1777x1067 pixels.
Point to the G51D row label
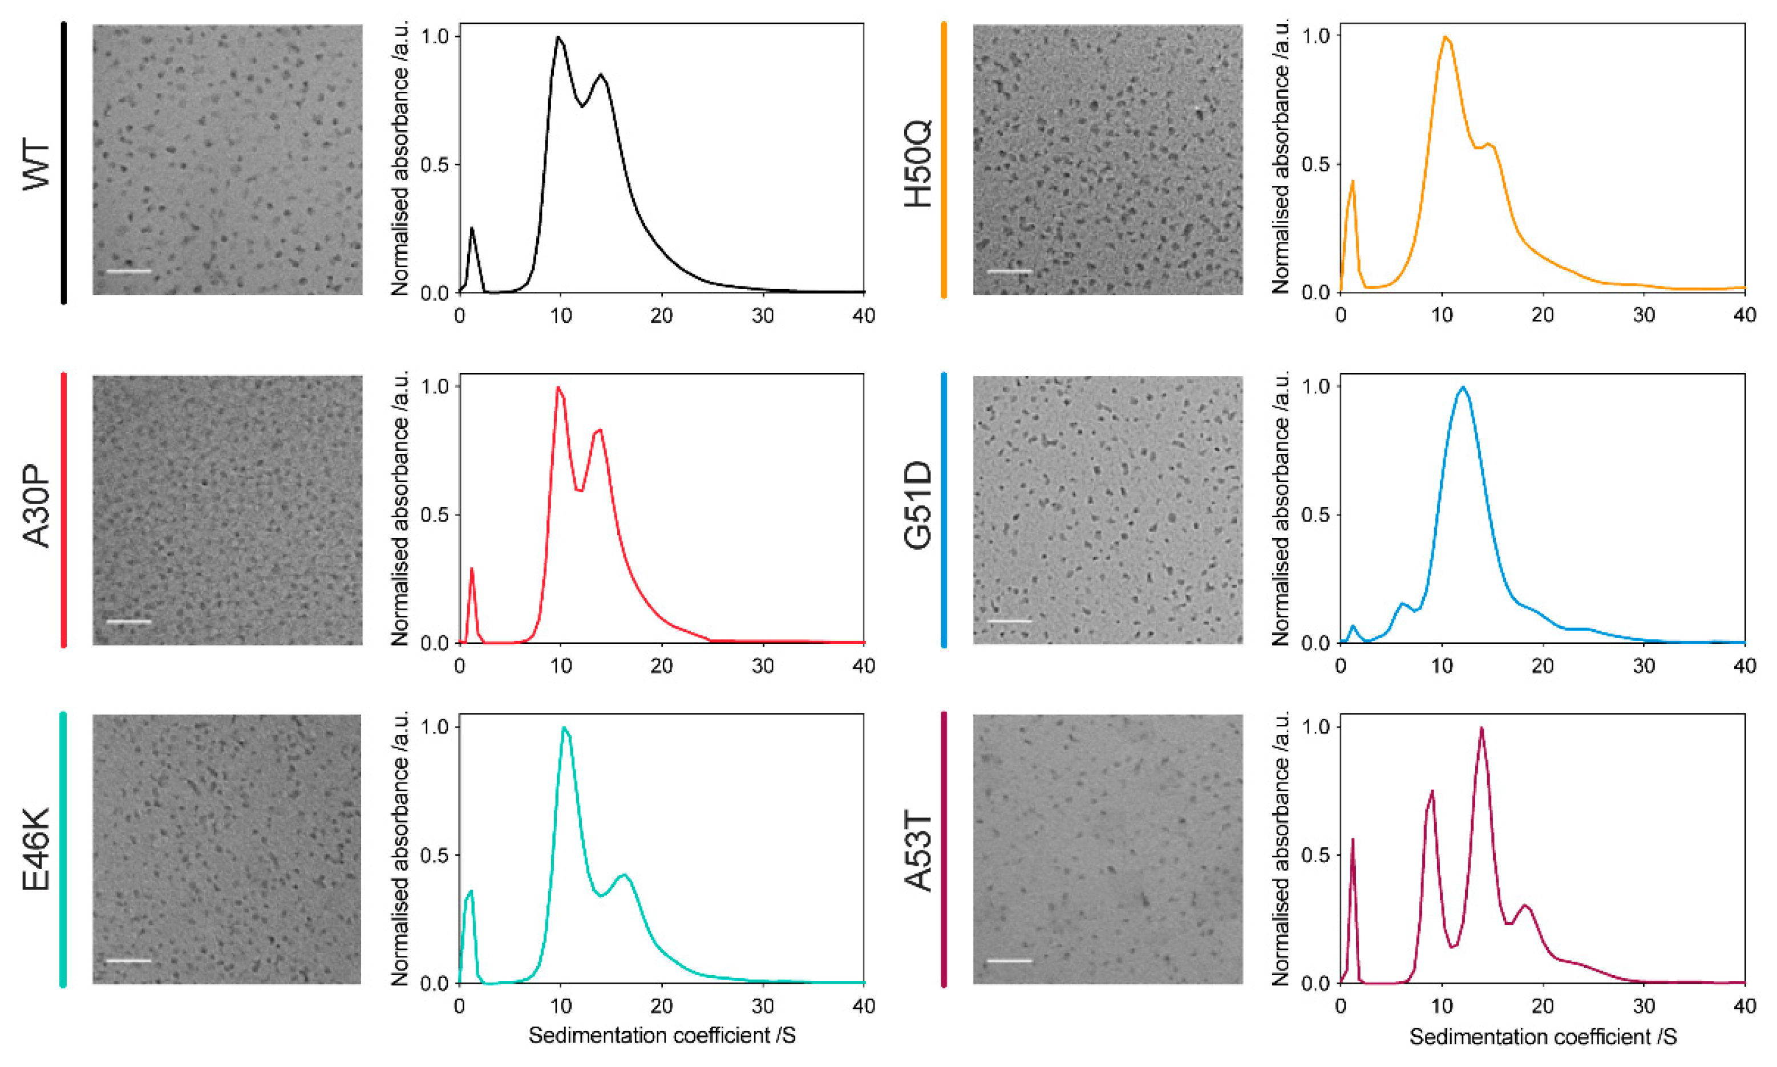918,507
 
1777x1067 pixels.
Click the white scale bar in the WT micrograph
129,271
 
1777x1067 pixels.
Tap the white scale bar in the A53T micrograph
1010,960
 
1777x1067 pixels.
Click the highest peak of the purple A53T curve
1481,728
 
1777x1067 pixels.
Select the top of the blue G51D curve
1463,388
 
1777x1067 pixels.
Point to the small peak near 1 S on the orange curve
1353,181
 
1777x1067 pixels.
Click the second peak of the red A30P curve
599,430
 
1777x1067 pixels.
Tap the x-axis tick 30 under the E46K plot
763,1006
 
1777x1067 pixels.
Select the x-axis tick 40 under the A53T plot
1744,1006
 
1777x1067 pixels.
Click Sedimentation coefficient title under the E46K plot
662,1036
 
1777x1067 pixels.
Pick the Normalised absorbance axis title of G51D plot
1280,507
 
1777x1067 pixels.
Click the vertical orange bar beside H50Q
944,160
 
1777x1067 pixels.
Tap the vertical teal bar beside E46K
63,849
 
